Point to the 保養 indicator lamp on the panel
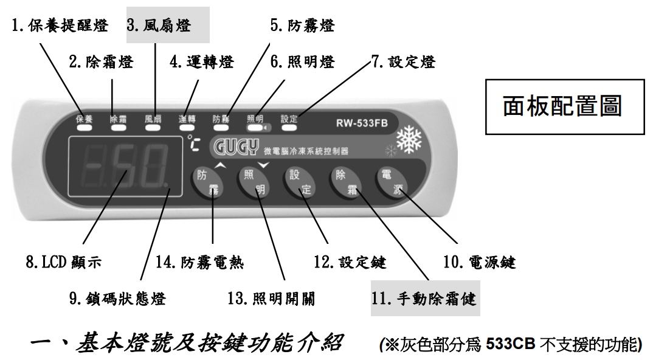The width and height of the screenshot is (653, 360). click(84, 128)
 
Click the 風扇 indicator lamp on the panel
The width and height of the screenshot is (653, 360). click(153, 128)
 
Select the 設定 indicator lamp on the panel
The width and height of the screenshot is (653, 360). click(289, 128)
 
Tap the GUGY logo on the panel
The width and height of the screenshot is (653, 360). click(236, 147)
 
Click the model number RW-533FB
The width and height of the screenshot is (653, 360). click(362, 123)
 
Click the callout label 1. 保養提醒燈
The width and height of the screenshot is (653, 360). click(60, 26)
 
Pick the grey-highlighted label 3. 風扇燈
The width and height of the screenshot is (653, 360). click(159, 26)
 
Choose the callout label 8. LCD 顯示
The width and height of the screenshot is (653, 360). click(64, 262)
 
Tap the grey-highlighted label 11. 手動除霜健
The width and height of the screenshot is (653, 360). click(424, 299)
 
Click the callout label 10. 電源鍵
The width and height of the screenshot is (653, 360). click(479, 263)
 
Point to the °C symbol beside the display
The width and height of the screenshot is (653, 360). click(193, 144)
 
